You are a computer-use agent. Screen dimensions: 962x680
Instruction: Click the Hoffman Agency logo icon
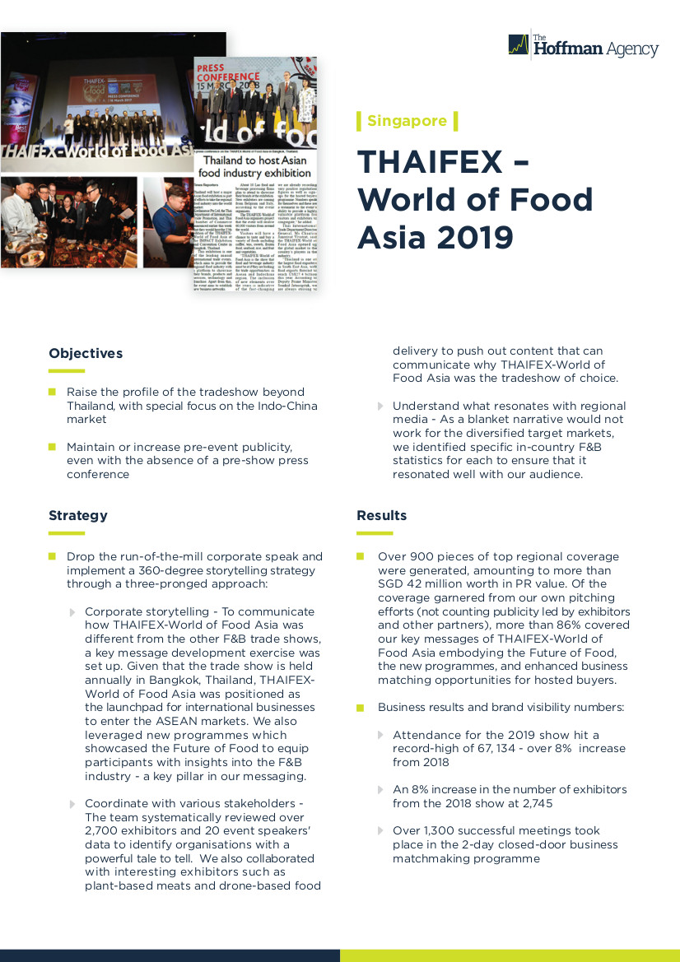coord(518,44)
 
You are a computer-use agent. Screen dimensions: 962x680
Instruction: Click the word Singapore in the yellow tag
coord(407,121)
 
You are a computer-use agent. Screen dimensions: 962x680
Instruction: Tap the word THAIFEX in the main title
coord(429,162)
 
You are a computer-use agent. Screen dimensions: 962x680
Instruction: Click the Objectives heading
coord(86,354)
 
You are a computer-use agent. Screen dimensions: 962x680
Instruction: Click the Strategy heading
coord(78,516)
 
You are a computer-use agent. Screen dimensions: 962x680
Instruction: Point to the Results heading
coord(381,516)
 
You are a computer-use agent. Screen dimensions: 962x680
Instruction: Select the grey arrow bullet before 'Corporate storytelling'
coord(72,612)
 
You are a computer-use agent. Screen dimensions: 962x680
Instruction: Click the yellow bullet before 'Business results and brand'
coord(361,708)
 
